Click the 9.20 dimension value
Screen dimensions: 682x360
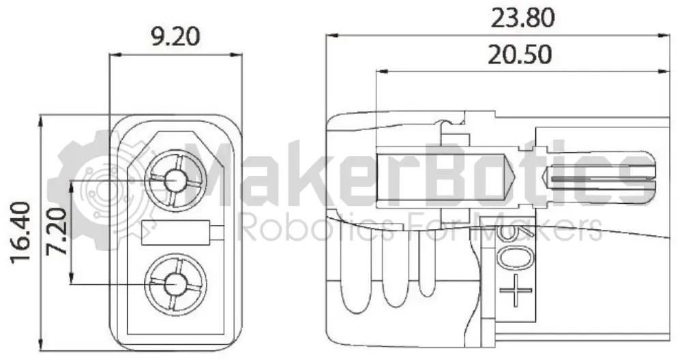click(175, 37)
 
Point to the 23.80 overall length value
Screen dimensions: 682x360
click(523, 18)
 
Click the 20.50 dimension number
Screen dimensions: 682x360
click(520, 55)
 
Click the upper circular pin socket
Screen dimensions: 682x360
click(175, 180)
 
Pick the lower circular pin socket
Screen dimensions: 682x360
click(175, 285)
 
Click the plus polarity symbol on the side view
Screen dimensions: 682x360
click(516, 290)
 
